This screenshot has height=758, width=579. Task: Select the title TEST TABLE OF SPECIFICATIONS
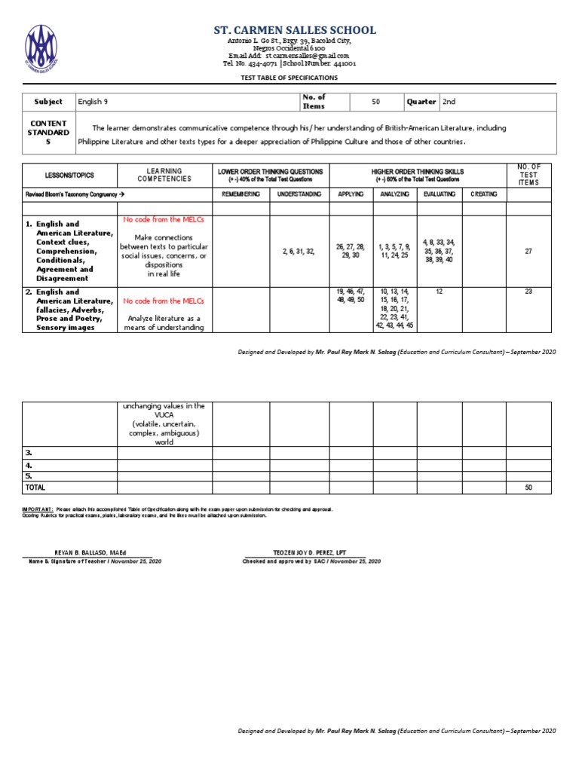(289, 78)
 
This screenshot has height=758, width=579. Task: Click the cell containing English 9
(98, 102)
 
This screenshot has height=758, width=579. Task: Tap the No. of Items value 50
(375, 101)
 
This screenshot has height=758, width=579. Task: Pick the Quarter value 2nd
(449, 102)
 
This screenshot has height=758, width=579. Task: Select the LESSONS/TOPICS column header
(69, 176)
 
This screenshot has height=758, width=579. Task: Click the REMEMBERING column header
(241, 194)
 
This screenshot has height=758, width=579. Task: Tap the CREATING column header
(483, 194)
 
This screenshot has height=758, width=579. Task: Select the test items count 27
(528, 252)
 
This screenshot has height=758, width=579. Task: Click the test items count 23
(528, 291)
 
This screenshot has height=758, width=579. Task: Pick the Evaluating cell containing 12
(438, 291)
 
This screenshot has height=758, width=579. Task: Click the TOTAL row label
(35, 488)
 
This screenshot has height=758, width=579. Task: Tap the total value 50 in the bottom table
(528, 488)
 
